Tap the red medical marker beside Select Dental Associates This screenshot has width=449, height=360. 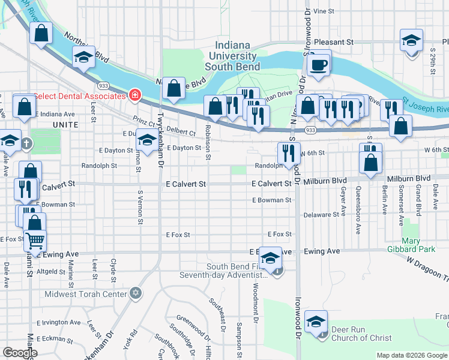134,95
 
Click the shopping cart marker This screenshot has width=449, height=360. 35,241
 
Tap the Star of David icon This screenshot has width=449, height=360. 136,293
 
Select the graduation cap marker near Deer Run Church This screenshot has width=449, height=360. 316,323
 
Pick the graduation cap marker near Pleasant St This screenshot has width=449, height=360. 411,41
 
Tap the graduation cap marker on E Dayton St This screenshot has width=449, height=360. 146,140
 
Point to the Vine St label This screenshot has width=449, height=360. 324,11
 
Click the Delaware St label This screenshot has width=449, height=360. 321,214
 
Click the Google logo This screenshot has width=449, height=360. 19,353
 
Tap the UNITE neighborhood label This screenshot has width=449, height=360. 65,124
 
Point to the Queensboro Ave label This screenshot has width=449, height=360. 358,209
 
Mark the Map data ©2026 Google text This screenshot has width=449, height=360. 411,355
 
